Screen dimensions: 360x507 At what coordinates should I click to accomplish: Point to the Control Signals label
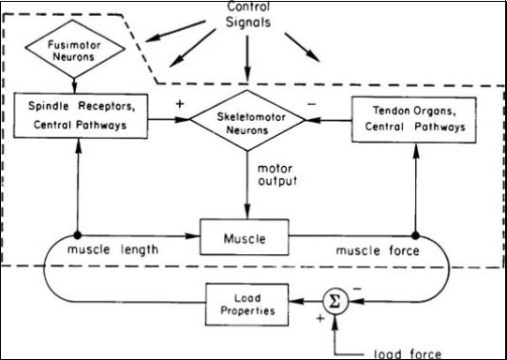tap(247, 13)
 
